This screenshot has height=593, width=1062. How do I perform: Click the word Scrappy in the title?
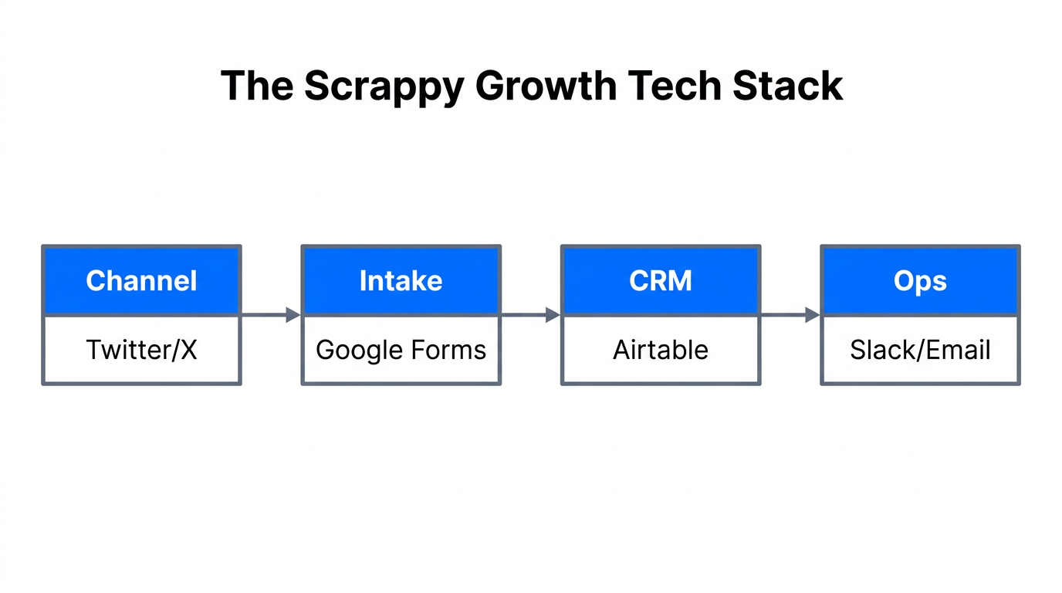(x=383, y=86)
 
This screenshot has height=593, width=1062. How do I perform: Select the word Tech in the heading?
(x=676, y=86)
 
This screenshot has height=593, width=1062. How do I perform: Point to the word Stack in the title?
(x=788, y=86)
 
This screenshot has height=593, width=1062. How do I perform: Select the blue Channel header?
(x=141, y=280)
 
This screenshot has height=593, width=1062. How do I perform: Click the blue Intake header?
(x=401, y=280)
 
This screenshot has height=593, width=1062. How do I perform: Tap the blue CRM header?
(x=661, y=280)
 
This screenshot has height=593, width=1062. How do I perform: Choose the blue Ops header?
(x=920, y=280)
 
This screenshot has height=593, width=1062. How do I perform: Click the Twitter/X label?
(x=141, y=350)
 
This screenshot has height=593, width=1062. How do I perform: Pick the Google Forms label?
(x=401, y=350)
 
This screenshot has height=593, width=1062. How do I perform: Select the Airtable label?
(x=661, y=350)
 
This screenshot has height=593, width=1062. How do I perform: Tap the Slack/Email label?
(x=920, y=350)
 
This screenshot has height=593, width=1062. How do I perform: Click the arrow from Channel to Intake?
(x=270, y=314)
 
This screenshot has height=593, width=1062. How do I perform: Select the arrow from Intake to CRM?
(x=529, y=314)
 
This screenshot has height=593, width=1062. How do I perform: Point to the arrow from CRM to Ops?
(x=789, y=314)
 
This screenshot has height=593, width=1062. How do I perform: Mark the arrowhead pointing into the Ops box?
(x=812, y=314)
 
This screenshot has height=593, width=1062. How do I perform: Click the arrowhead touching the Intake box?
(x=293, y=314)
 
